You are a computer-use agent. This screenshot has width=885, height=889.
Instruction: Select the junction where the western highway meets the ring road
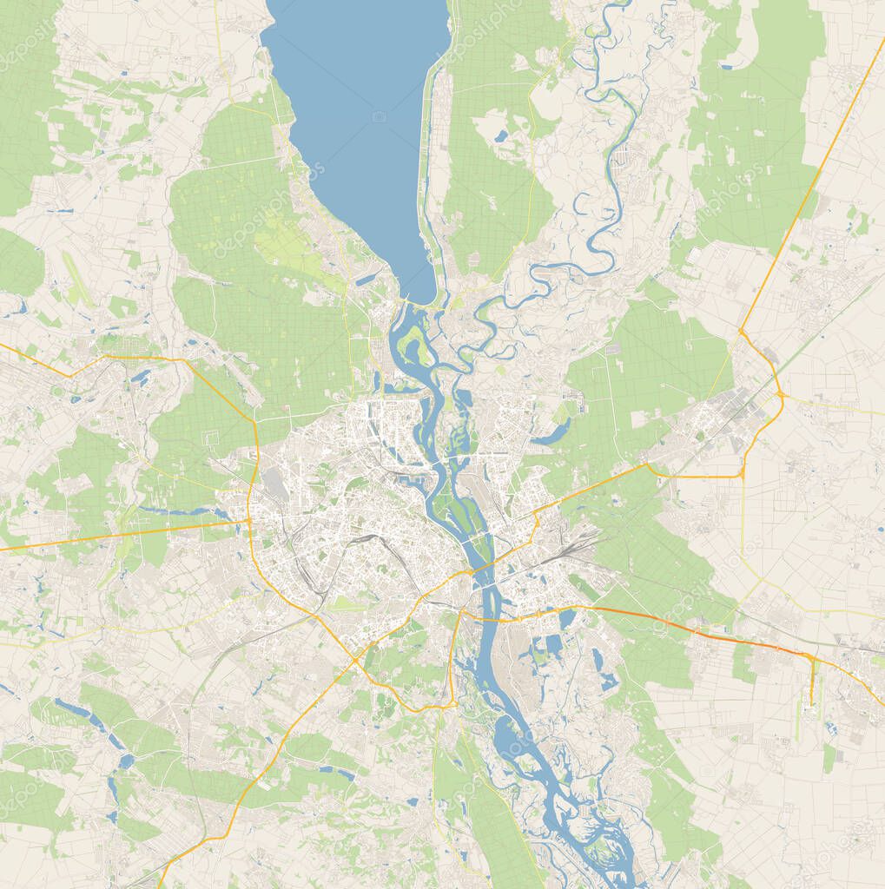pos(250,521)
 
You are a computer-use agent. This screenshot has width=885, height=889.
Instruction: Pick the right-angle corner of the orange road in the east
pos(743,474)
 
